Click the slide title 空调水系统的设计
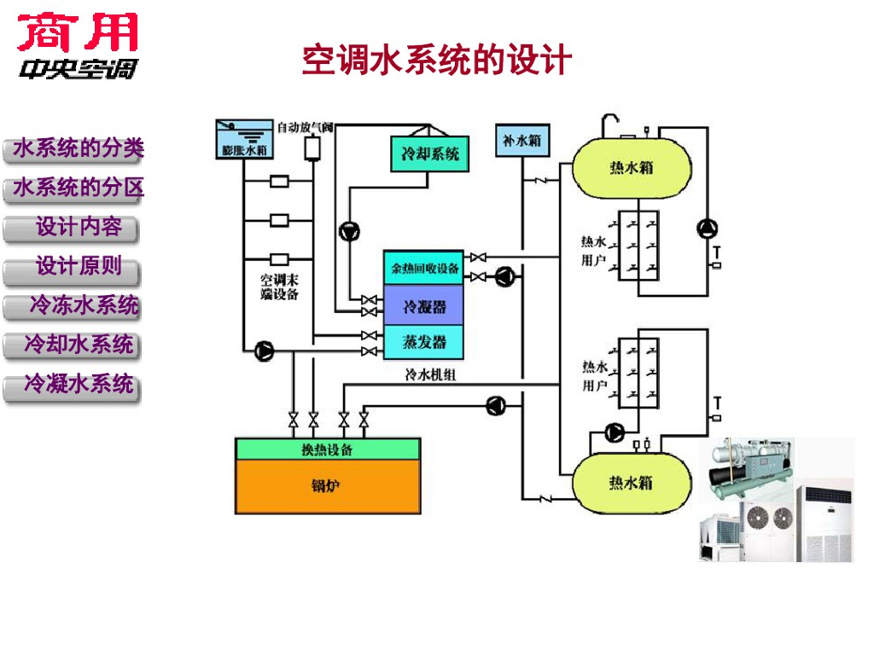[x=436, y=61]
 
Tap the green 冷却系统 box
[x=430, y=154]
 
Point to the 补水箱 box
[x=522, y=141]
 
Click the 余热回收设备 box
[x=424, y=268]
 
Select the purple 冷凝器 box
[x=424, y=305]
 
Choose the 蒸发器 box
[x=424, y=341]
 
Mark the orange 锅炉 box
[x=328, y=486]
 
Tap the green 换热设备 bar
[x=328, y=449]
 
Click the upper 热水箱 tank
[x=631, y=167]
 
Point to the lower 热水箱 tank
[x=631, y=482]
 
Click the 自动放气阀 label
[x=305, y=128]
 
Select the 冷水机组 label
[x=431, y=374]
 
